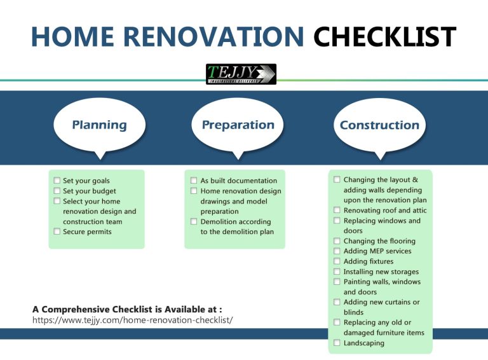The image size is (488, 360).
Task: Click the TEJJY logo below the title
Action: [241, 74]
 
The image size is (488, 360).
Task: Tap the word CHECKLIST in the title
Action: [384, 36]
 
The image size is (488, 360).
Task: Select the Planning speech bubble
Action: [99, 125]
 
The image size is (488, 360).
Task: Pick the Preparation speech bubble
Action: [238, 125]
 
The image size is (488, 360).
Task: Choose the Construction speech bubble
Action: [379, 125]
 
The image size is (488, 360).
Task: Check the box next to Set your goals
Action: [57, 181]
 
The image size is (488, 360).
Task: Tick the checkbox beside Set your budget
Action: [57, 191]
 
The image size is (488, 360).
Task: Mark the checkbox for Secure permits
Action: [57, 232]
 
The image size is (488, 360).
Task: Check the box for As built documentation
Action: [194, 181]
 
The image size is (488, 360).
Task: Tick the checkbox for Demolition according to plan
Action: [194, 222]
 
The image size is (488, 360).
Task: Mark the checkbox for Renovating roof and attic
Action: [337, 211]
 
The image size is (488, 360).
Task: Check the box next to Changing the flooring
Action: [337, 241]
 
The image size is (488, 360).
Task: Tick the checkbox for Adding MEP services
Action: [337, 251]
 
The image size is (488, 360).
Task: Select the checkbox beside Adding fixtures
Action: [337, 261]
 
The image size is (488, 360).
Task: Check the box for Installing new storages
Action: [337, 272]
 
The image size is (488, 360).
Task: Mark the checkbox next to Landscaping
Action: [337, 343]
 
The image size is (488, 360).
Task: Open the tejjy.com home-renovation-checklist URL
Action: [132, 319]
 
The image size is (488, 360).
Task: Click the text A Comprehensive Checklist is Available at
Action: [127, 309]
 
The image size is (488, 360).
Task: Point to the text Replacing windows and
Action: [382, 221]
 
